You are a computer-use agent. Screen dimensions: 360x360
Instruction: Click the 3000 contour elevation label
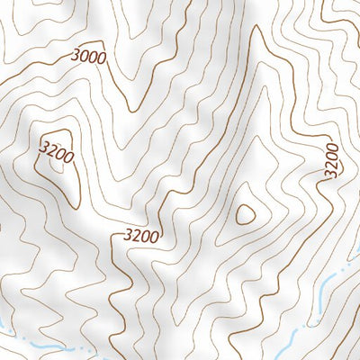click(x=88, y=56)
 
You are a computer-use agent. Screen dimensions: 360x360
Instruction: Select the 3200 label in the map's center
click(x=141, y=237)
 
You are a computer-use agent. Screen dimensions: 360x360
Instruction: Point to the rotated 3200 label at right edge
click(x=331, y=159)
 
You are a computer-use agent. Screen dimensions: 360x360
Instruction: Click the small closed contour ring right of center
click(x=245, y=213)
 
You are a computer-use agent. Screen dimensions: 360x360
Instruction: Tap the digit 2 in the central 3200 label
click(x=136, y=237)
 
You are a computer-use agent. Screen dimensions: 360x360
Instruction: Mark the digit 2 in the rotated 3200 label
click(x=330, y=164)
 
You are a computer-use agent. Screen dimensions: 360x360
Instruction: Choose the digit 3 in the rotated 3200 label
click(x=330, y=173)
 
